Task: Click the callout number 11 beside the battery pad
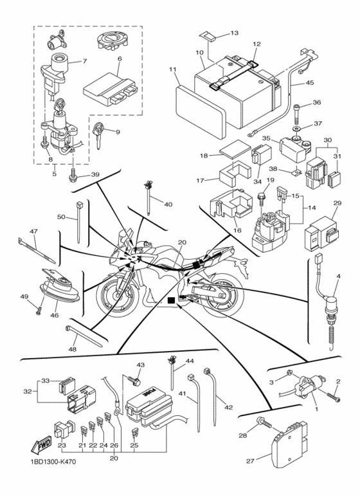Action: tap(172, 69)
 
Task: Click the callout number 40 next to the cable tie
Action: tap(168, 205)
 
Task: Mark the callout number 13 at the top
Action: tap(233, 32)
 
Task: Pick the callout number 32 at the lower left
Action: tap(26, 390)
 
